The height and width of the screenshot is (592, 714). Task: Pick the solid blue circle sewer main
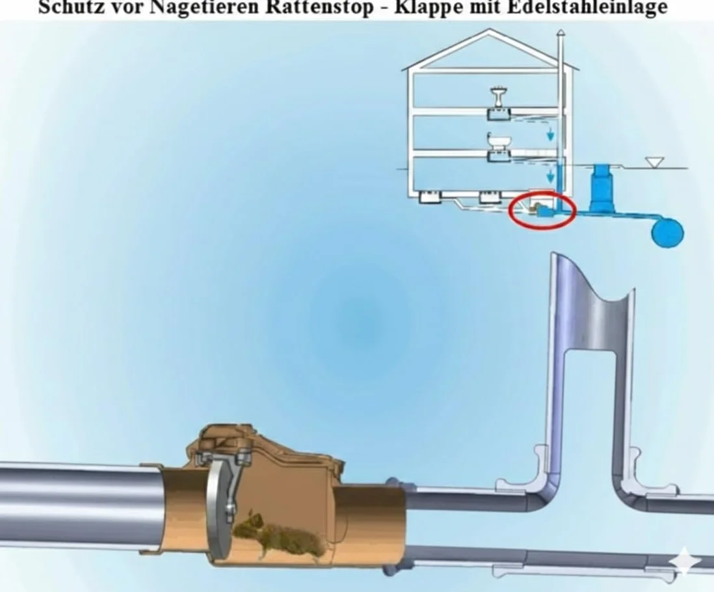tap(668, 232)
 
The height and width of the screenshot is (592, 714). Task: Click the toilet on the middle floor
tap(499, 142)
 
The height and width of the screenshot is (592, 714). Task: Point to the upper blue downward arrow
tap(551, 134)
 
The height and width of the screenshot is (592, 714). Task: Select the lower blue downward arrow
tap(551, 176)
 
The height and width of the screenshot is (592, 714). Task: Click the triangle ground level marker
tap(654, 163)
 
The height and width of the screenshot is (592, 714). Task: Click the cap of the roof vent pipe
tap(561, 33)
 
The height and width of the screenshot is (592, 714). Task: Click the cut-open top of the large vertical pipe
tap(592, 282)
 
